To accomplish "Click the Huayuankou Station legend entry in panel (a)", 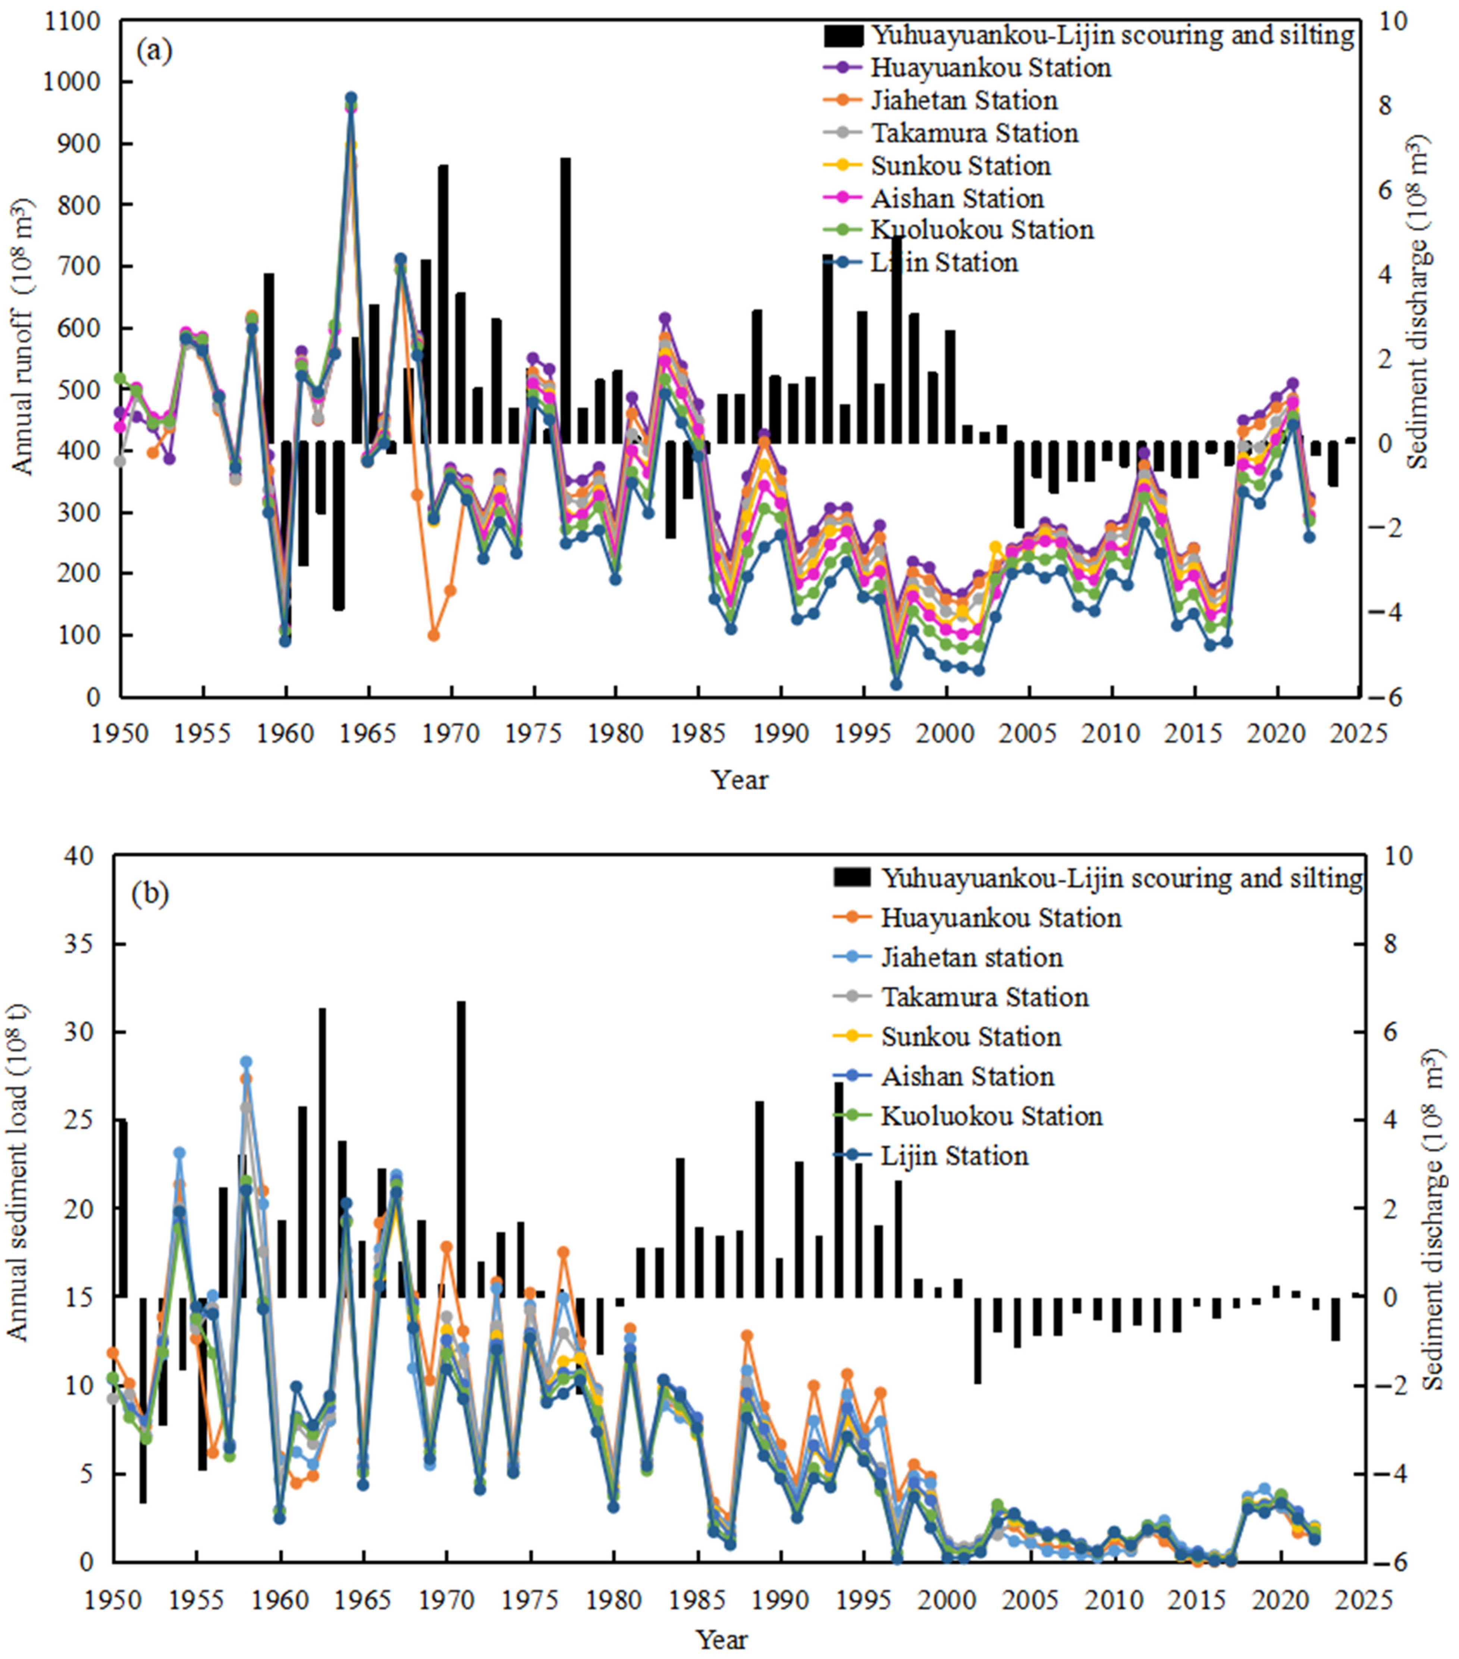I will [x=990, y=68].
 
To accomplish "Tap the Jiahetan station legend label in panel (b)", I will [x=971, y=958].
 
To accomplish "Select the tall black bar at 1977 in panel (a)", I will [x=565, y=300].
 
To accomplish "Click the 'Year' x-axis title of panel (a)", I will [x=739, y=780].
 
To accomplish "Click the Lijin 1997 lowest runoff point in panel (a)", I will [x=896, y=684].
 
